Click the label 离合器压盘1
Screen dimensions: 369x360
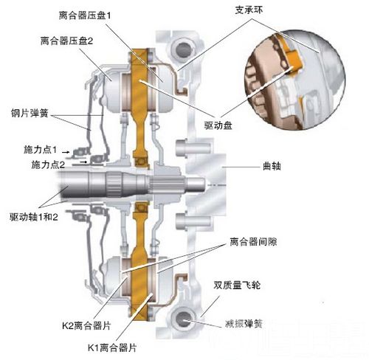click(85, 15)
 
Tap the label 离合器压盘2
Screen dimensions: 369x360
click(66, 41)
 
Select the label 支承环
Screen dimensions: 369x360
click(249, 10)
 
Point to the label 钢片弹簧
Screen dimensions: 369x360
click(30, 113)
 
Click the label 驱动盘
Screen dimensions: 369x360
click(218, 125)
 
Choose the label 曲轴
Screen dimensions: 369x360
click(272, 166)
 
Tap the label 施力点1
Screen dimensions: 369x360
click(40, 150)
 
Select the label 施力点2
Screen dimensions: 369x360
click(48, 165)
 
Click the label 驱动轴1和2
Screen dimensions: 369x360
click(34, 217)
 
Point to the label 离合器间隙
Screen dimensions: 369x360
click(253, 241)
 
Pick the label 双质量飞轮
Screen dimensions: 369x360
click(237, 285)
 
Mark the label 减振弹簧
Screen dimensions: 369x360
click(244, 324)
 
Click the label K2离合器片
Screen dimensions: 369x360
click(86, 325)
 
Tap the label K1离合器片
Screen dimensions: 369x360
click(112, 347)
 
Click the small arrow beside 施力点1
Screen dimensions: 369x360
click(65, 152)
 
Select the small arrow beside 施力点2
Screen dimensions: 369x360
click(84, 162)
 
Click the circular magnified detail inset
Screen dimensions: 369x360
click(295, 80)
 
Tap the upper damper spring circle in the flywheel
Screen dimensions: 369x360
click(182, 48)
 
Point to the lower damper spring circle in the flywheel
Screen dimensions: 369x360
click(183, 319)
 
